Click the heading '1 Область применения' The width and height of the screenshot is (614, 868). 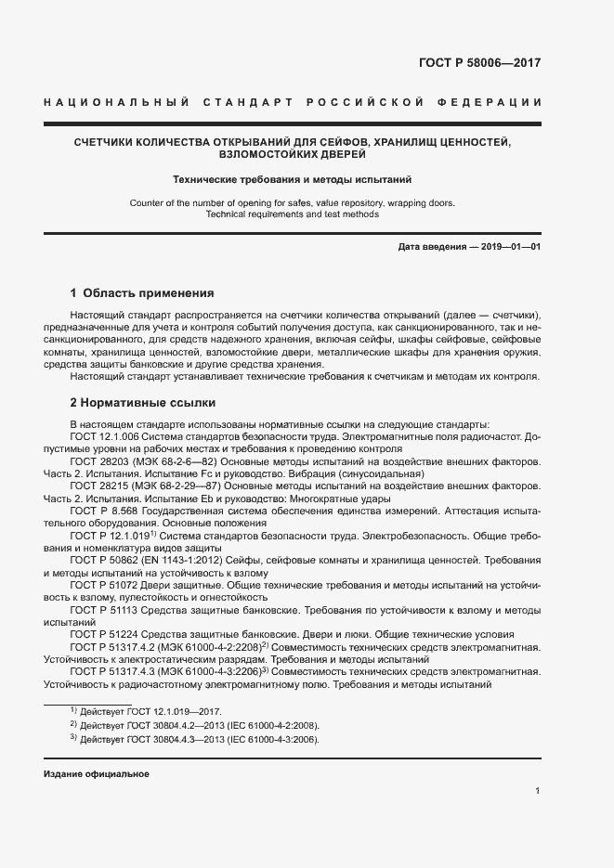click(142, 292)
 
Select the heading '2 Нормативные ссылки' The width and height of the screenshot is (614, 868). click(143, 403)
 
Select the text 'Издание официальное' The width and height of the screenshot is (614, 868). click(97, 773)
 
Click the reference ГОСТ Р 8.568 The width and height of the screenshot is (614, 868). click(105, 512)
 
